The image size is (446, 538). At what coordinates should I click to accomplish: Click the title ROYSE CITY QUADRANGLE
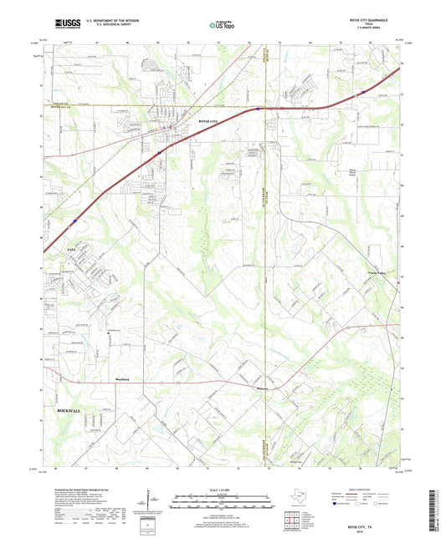pyautogui.click(x=356, y=22)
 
